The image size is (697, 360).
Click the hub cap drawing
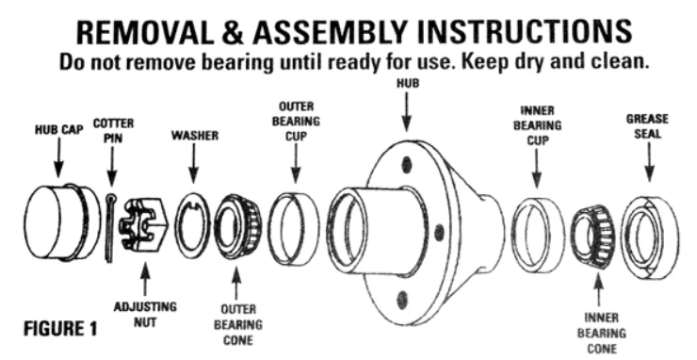point(62,222)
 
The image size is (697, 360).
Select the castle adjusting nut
point(143,223)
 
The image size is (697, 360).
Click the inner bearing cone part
point(593,236)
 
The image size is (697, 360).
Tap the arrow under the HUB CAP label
point(58,157)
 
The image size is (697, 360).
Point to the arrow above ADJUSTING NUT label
point(144,279)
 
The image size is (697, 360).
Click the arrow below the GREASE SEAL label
point(650,161)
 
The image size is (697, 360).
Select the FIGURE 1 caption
point(60,329)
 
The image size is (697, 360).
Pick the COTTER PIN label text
point(113,131)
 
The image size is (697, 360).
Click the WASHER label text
point(195,136)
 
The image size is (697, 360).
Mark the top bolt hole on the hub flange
point(406,165)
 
